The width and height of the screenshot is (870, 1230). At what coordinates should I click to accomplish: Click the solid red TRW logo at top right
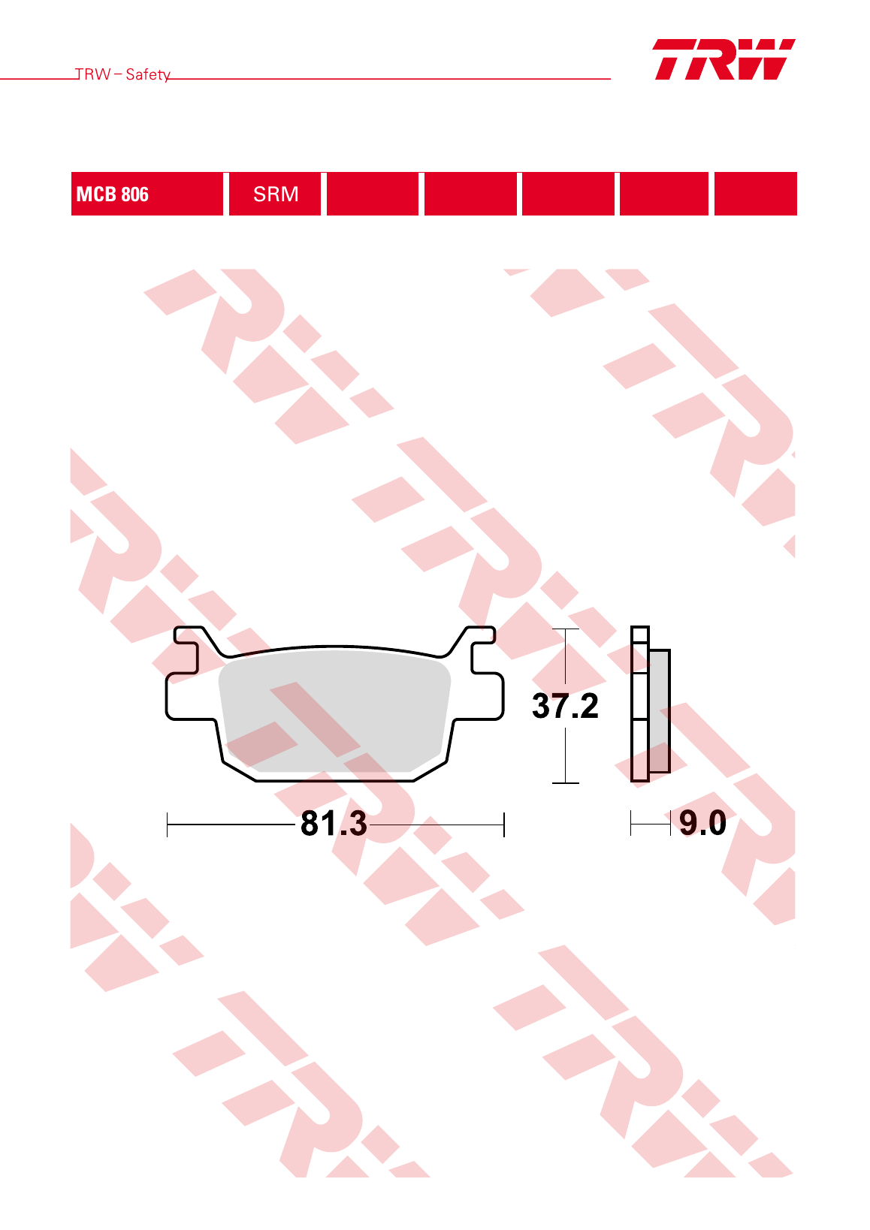[724, 59]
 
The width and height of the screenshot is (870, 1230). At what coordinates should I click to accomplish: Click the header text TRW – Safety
[122, 74]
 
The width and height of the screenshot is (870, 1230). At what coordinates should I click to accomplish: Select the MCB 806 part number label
[113, 194]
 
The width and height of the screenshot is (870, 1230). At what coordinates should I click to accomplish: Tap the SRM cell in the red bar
[275, 194]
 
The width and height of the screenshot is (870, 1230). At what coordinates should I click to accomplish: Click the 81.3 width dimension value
[334, 823]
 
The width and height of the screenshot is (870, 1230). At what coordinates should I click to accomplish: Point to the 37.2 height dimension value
[565, 706]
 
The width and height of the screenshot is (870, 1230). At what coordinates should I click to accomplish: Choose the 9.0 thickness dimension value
[702, 822]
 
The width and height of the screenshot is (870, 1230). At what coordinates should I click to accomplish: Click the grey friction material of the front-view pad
[334, 710]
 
